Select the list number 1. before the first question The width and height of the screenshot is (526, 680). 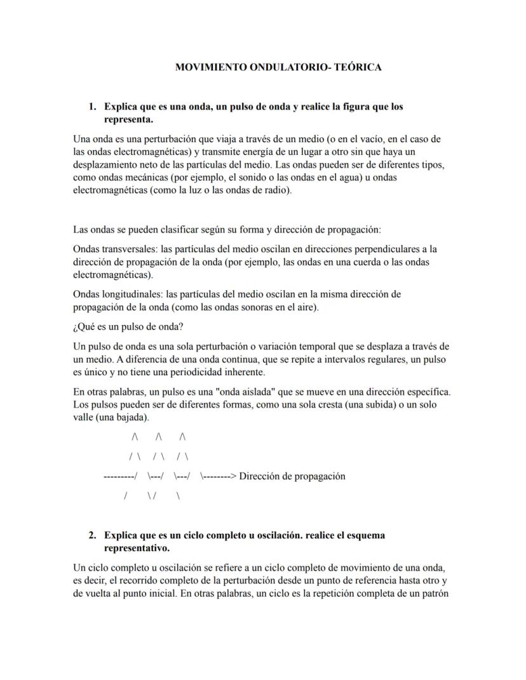93,107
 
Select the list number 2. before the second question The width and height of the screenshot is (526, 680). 93,535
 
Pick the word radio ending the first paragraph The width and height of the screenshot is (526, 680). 279,190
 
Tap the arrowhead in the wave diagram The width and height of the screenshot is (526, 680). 233,476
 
